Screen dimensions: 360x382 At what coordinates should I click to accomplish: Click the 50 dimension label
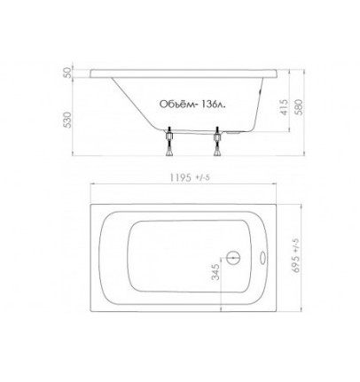[x=68, y=73]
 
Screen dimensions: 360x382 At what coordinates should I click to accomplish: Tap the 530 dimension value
[x=68, y=120]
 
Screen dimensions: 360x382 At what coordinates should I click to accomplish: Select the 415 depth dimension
[x=284, y=107]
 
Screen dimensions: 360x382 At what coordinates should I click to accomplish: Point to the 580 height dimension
[x=299, y=107]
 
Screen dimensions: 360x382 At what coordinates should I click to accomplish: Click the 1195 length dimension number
[x=181, y=177]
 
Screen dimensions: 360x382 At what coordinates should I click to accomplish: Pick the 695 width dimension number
[x=296, y=264]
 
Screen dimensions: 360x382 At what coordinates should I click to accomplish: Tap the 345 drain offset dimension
[x=215, y=272]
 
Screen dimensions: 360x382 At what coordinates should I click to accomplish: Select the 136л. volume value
[x=213, y=104]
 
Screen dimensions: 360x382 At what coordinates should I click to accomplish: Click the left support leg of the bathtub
[x=169, y=141]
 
